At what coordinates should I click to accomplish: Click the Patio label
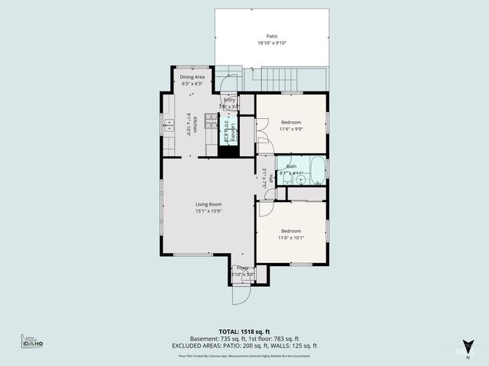coord(272,36)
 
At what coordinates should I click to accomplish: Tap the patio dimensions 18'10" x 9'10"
coord(272,43)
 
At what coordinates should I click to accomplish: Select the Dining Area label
coord(192,77)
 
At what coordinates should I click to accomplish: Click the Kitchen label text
coord(196,124)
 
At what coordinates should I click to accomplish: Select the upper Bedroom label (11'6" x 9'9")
coord(290,123)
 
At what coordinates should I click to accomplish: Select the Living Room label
coord(208,204)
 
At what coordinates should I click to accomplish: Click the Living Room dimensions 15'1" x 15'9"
coord(208,212)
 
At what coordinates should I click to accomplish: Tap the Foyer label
coord(242,268)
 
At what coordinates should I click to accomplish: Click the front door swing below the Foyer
coord(241,294)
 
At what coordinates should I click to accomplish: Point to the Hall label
coord(270,178)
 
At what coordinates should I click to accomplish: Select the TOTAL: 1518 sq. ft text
coord(244,332)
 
